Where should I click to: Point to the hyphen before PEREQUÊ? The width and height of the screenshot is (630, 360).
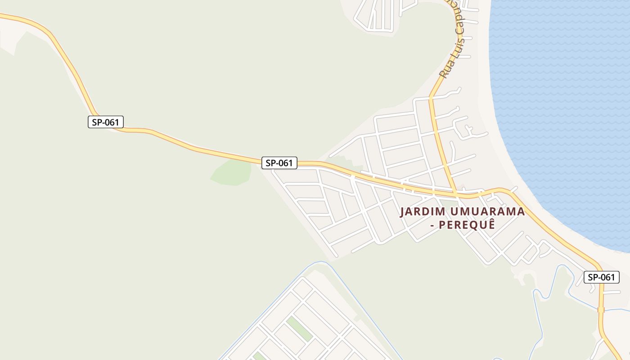(x=433, y=224)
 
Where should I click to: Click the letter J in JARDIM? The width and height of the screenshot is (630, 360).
(x=403, y=211)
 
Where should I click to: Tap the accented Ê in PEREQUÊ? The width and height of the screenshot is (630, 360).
(x=491, y=224)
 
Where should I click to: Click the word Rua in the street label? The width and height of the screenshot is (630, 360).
(x=446, y=70)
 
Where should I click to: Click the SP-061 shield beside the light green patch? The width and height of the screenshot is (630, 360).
(x=279, y=163)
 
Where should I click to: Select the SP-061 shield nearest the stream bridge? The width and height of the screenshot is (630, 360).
(x=601, y=277)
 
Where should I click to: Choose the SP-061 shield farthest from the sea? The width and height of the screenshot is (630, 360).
(x=105, y=122)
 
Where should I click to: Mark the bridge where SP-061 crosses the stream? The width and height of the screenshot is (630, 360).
(x=601, y=310)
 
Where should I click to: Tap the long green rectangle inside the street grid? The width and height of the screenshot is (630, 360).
(x=299, y=328)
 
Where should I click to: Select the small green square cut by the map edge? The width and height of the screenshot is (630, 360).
(x=258, y=356)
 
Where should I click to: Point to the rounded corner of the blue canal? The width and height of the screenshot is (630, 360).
(x=321, y=262)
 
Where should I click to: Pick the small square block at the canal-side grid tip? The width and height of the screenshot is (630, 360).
(x=302, y=288)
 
